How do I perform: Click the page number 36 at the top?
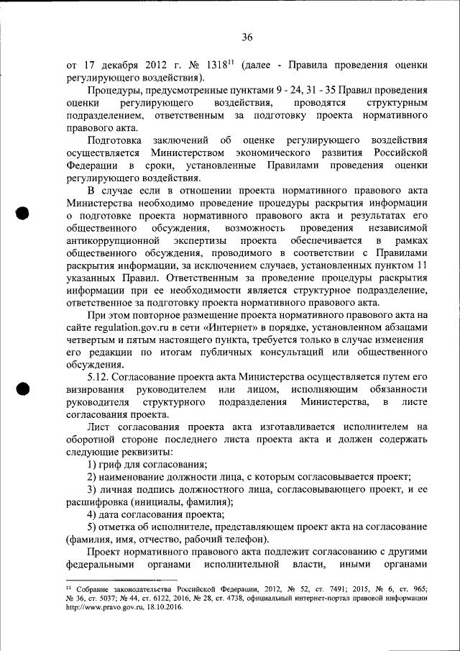[x=247, y=37]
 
